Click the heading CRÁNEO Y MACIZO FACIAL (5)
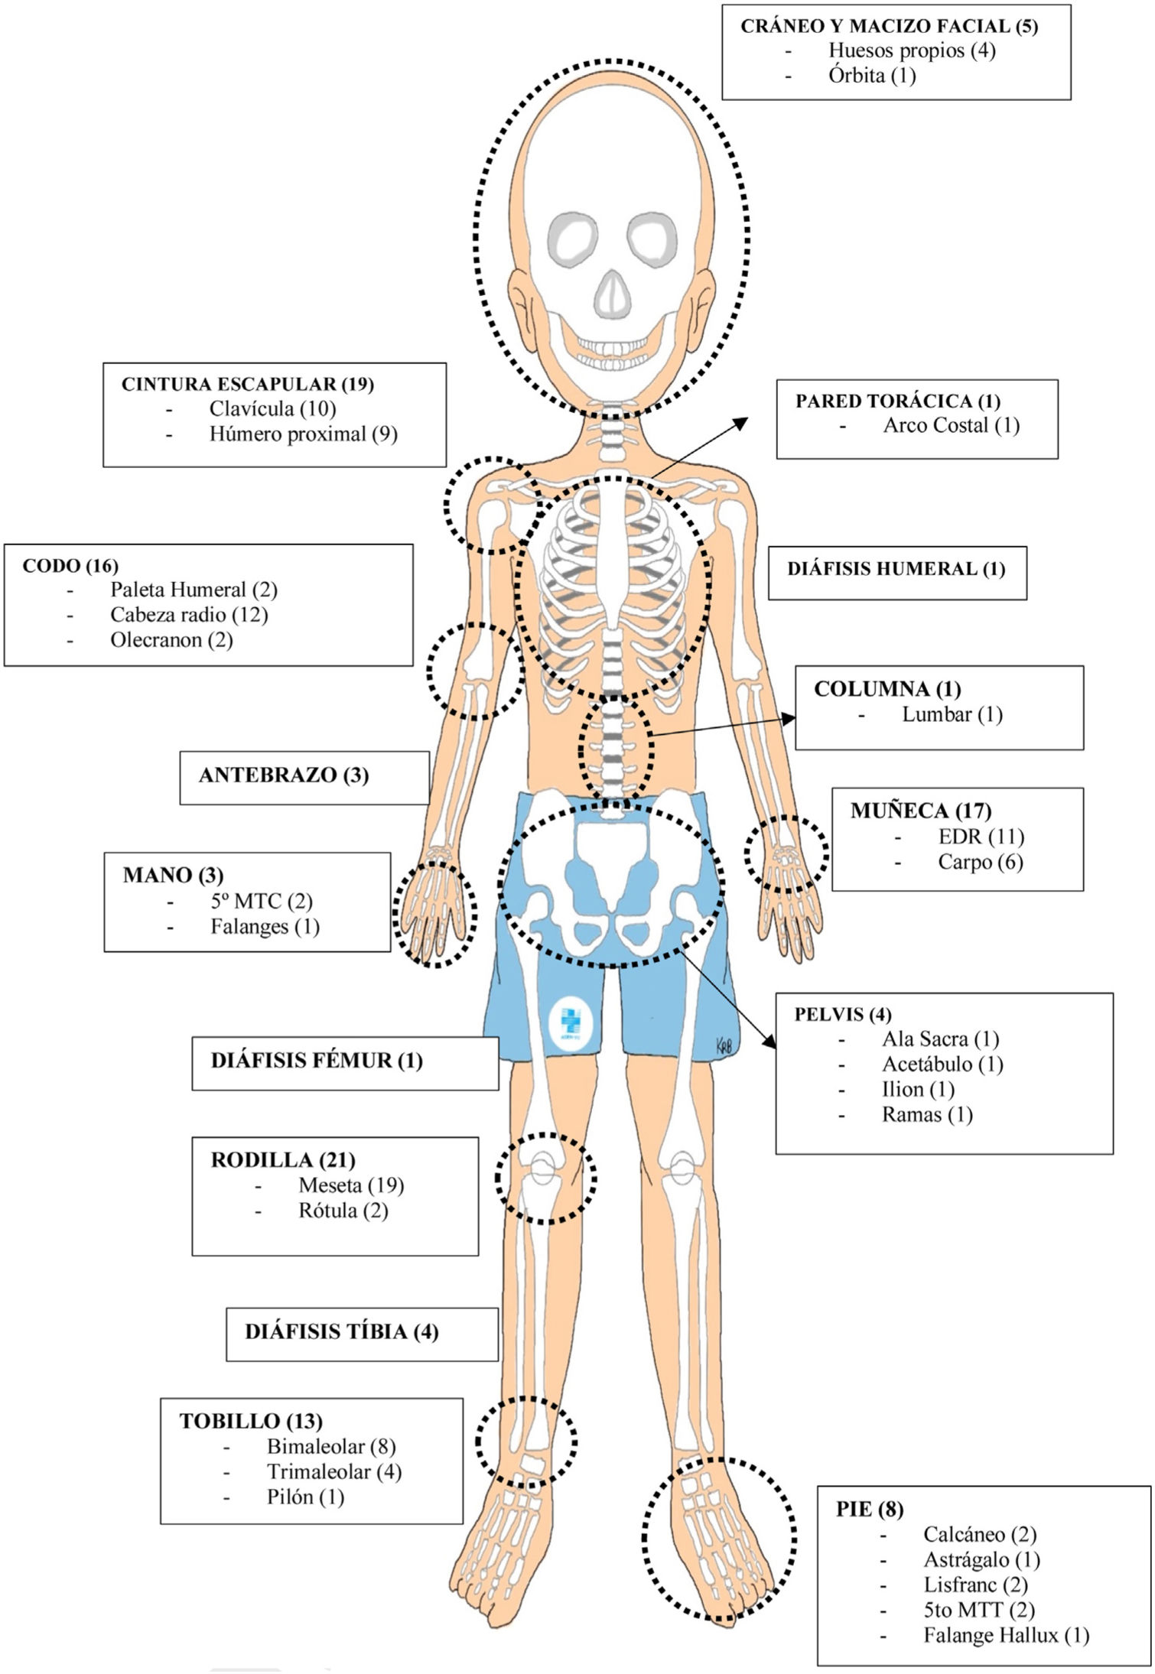889,26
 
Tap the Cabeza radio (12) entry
189,615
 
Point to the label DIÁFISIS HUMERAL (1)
896,569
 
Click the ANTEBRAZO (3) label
284,775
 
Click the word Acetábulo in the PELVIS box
927,1064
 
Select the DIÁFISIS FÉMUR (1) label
317,1061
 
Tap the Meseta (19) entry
351,1185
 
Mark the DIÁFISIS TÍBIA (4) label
341,1332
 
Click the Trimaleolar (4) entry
333,1472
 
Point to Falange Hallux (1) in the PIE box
1006,1636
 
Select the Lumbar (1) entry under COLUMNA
952,714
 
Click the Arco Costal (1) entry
951,425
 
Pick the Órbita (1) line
872,75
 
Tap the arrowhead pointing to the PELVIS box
769,1042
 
